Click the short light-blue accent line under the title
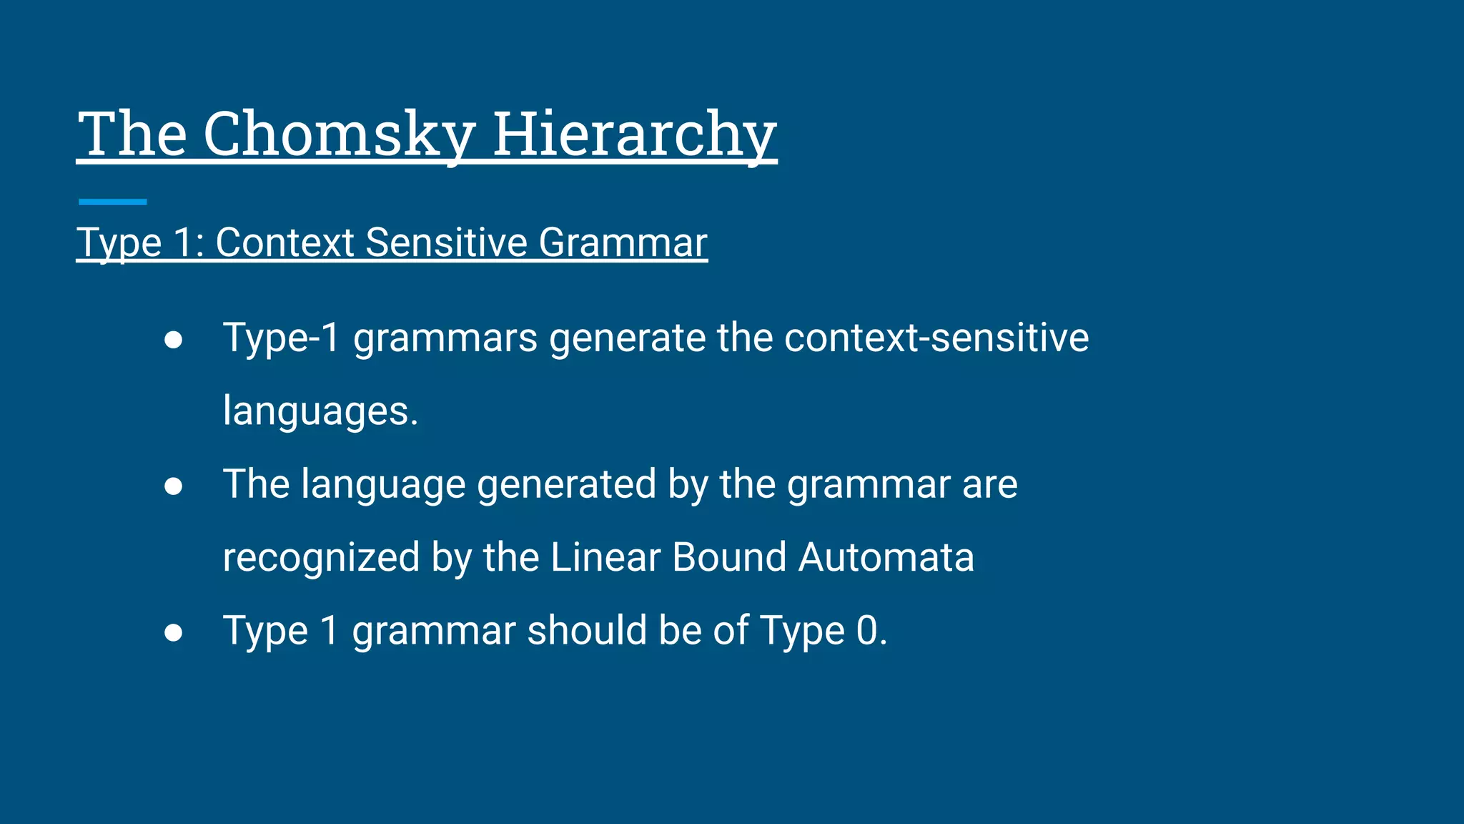pyautogui.click(x=112, y=202)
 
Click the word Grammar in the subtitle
pyautogui.click(x=623, y=242)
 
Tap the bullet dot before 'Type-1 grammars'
pyautogui.click(x=173, y=339)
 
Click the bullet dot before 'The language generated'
pyautogui.click(x=173, y=486)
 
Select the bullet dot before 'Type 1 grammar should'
pyautogui.click(x=173, y=632)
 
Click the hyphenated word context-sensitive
pyautogui.click(x=936, y=338)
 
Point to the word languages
pyautogui.click(x=320, y=411)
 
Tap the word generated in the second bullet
pyautogui.click(x=566, y=484)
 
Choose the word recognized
pyautogui.click(x=321, y=558)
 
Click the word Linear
pyautogui.click(x=605, y=557)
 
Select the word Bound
pyautogui.click(x=729, y=557)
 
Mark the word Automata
pyautogui.click(x=886, y=557)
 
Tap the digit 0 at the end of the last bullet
pyautogui.click(x=866, y=631)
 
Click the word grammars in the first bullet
pyautogui.click(x=445, y=338)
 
